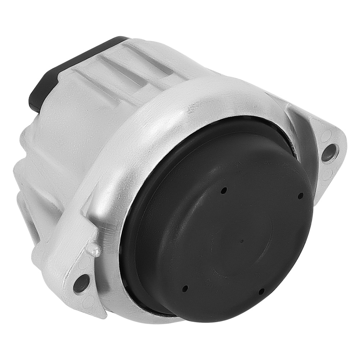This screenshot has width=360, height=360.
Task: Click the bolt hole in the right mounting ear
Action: point(330,153)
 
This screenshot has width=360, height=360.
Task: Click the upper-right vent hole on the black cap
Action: point(301,195)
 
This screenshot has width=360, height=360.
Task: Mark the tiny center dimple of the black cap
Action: point(242,241)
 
